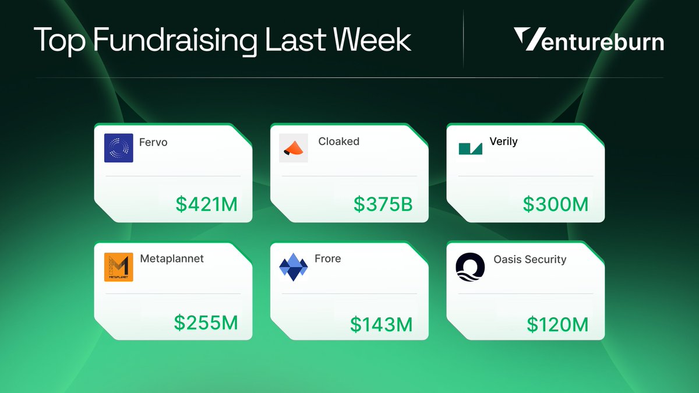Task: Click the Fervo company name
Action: tap(153, 142)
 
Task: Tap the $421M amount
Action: tap(207, 204)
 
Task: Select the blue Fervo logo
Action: tap(119, 148)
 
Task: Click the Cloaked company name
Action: tap(338, 141)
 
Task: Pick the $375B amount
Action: tap(383, 204)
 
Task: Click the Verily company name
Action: tap(504, 141)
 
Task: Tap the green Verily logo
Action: tap(470, 148)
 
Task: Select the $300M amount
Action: tap(556, 204)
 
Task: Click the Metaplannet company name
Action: tap(172, 259)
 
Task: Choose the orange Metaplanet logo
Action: tap(119, 267)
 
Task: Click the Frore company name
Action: tap(327, 259)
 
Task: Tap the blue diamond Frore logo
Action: tap(294, 267)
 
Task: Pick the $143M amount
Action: tap(381, 324)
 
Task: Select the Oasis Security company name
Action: tap(530, 259)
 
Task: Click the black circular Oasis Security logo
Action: tap(470, 267)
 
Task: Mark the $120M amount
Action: tap(557, 324)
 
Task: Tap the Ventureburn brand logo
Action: tap(589, 41)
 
